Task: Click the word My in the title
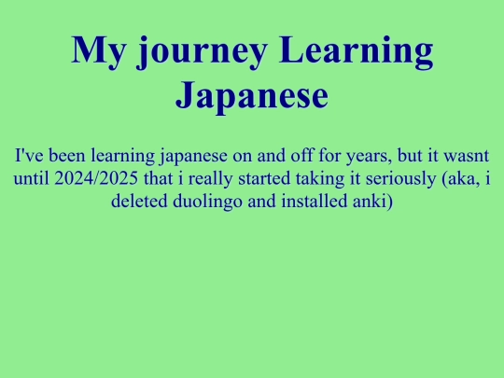97,50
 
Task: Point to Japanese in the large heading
252,95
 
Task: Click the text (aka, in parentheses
459,177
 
